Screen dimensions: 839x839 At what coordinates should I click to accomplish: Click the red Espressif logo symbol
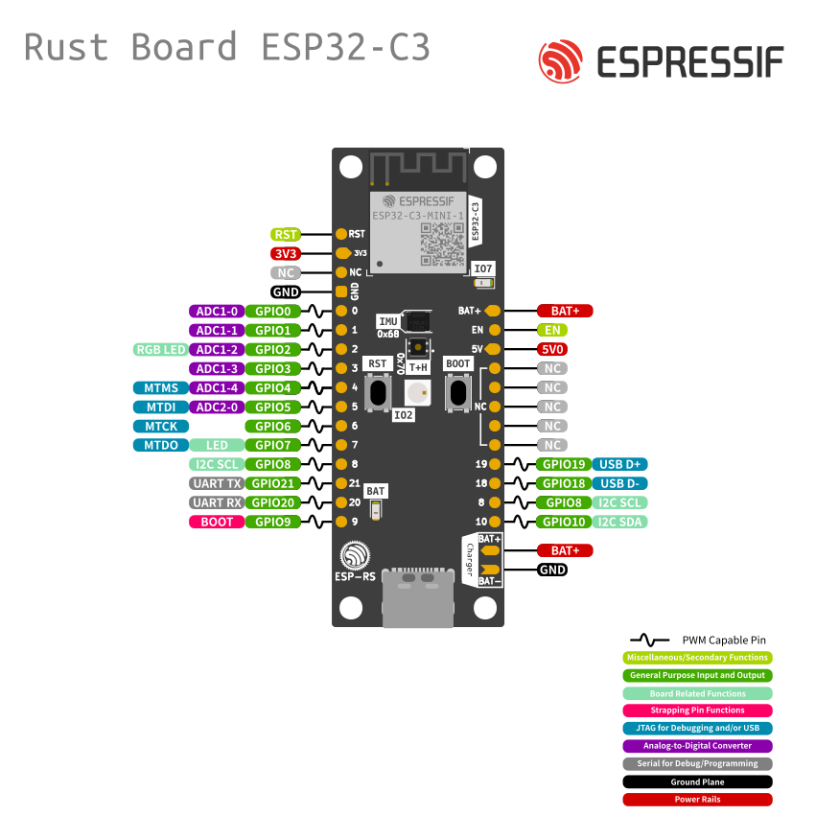[560, 62]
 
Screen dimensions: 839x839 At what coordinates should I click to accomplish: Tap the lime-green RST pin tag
[285, 234]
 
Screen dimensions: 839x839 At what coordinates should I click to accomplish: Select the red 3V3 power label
[285, 254]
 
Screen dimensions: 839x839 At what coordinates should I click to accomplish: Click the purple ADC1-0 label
[217, 312]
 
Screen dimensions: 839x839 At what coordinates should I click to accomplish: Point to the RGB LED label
[160, 350]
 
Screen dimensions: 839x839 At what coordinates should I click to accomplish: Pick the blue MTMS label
[160, 388]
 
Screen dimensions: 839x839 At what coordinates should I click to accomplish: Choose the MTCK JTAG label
[160, 427]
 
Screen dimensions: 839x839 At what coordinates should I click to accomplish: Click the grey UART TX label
[217, 484]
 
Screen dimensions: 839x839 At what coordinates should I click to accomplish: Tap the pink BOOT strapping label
[217, 523]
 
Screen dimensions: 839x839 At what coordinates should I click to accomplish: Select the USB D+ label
[620, 465]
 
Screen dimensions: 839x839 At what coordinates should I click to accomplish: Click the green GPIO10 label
[563, 523]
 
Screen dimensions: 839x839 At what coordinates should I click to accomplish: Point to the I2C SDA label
[620, 523]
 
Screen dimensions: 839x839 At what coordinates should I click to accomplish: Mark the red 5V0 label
[551, 350]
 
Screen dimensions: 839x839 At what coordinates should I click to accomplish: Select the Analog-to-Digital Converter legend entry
[697, 746]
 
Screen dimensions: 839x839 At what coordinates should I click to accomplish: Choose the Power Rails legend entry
[697, 800]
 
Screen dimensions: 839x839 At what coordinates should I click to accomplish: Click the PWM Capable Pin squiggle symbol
[649, 640]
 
